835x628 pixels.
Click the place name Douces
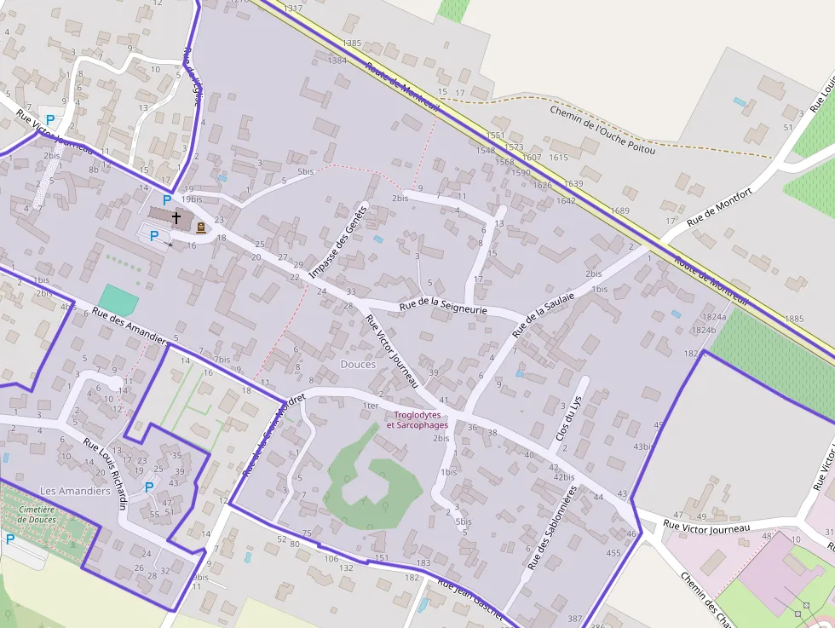pos(358,364)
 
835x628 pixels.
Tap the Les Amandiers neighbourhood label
pos(75,491)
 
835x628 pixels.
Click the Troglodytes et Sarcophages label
pos(417,420)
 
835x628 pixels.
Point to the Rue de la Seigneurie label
pos(443,307)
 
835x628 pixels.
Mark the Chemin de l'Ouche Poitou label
pos(602,130)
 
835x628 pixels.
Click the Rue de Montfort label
pos(721,207)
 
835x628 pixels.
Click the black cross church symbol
pos(176,217)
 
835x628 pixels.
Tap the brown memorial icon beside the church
pos(200,227)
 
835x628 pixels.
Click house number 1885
pos(793,319)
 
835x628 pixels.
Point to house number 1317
pos(292,9)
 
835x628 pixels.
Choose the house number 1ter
pos(370,406)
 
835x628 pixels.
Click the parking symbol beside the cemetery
pos(10,539)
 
